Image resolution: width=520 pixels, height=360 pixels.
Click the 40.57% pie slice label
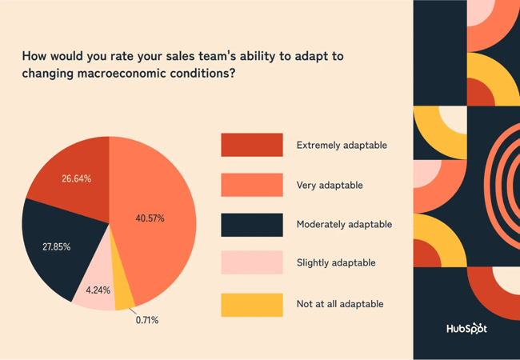click(x=150, y=218)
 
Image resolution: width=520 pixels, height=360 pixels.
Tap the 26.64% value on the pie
click(x=76, y=178)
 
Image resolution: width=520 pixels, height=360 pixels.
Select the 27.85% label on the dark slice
click(x=56, y=247)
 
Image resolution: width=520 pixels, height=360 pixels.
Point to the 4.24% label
click(x=97, y=290)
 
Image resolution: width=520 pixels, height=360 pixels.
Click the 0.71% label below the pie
click(x=146, y=320)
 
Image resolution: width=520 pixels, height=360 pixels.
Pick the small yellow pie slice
click(x=124, y=296)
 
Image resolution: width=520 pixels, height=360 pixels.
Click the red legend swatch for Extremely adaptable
click(x=251, y=145)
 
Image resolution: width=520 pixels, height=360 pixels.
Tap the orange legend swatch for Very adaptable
click(x=251, y=185)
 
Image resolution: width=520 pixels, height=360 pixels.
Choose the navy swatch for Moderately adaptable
click(x=251, y=225)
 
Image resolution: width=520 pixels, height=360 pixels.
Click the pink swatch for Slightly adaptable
click(x=251, y=262)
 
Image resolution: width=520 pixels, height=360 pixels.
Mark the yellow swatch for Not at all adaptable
click(x=251, y=304)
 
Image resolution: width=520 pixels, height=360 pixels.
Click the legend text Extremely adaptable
click(x=342, y=146)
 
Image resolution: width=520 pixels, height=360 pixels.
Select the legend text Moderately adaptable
click(x=344, y=225)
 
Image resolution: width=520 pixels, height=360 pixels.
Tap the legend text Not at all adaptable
click(x=340, y=304)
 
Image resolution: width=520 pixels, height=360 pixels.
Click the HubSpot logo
click(x=466, y=329)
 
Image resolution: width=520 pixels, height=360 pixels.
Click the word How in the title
click(x=34, y=57)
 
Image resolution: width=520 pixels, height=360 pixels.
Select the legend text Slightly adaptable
click(x=335, y=262)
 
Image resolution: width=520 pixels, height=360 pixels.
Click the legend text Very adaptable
click(x=329, y=185)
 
